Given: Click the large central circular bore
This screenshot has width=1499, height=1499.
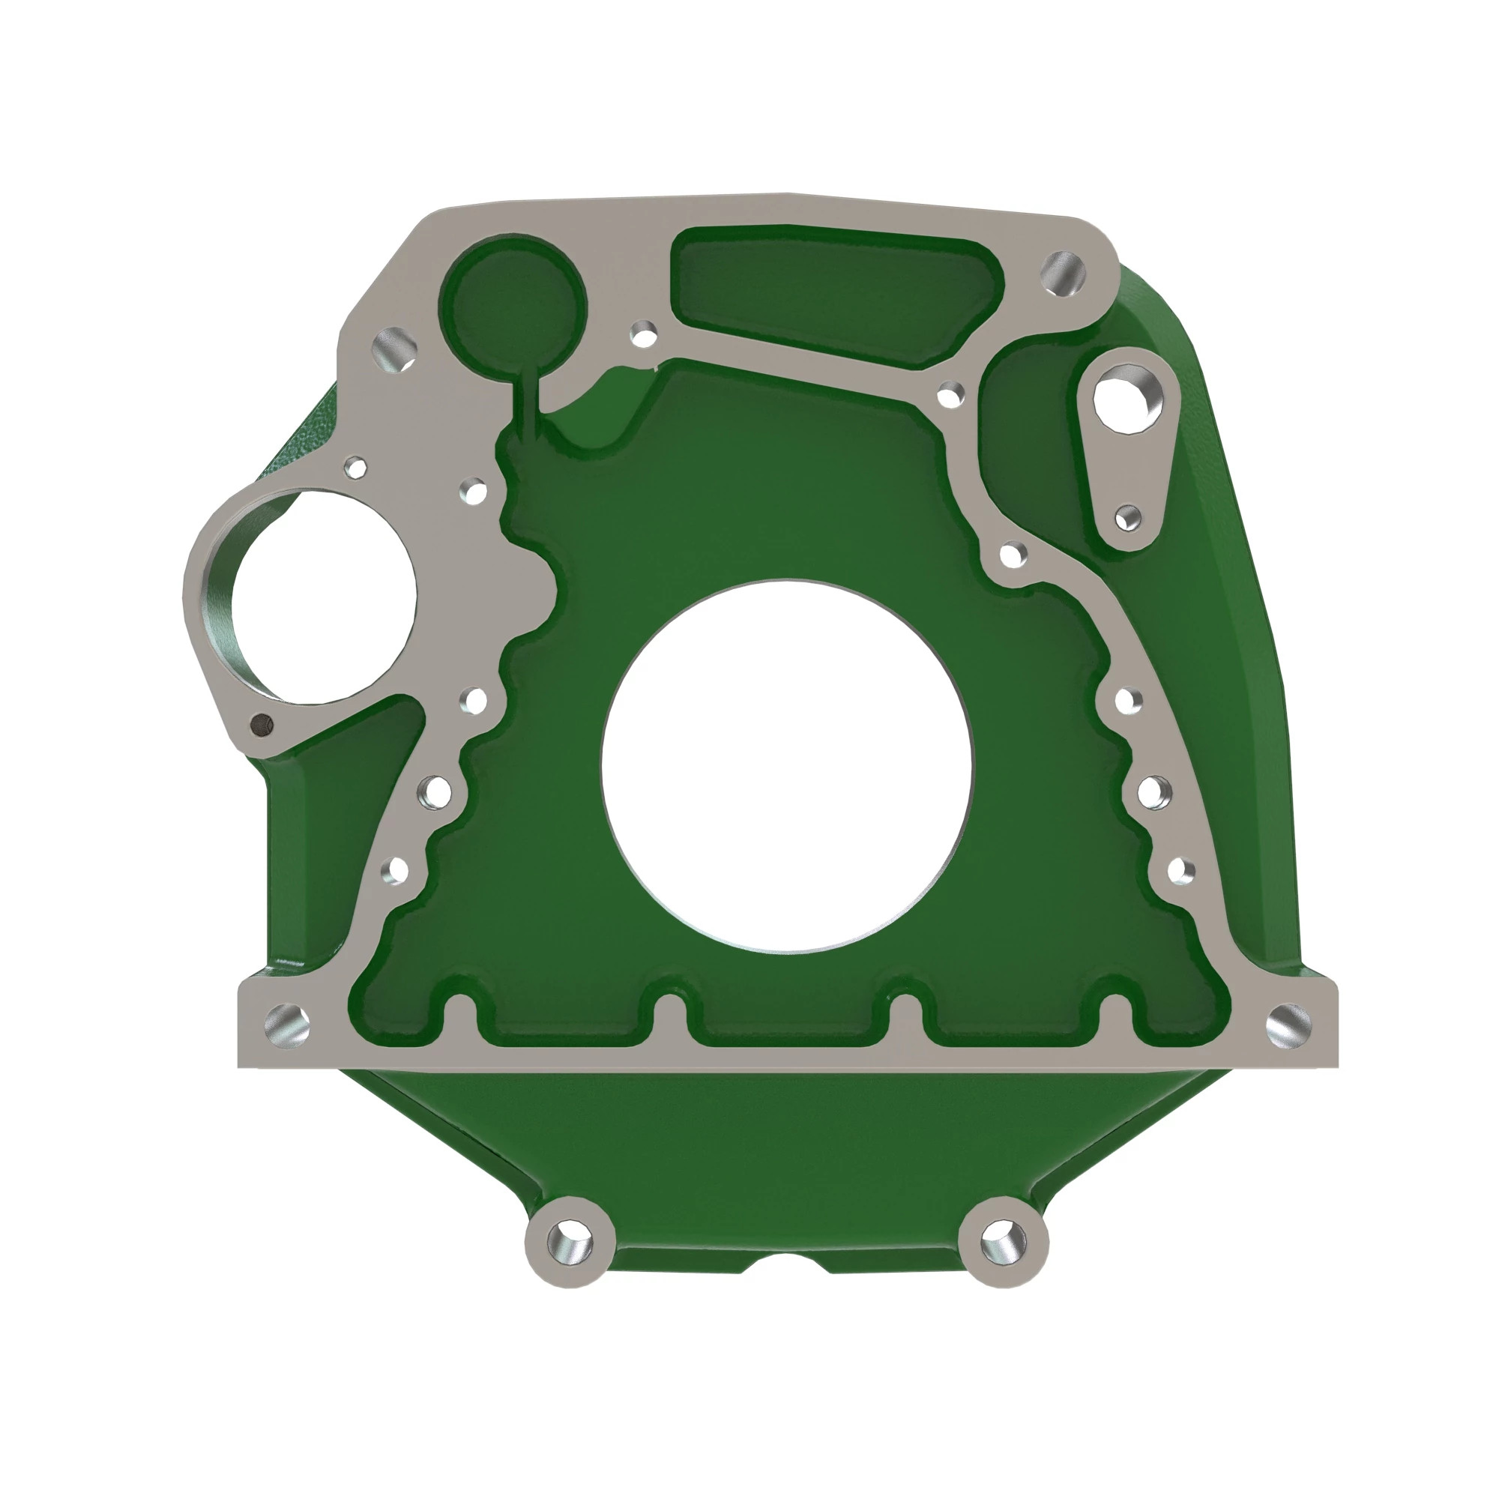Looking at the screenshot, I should coord(786,765).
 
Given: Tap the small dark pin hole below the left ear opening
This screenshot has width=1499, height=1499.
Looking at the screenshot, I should coord(262,724).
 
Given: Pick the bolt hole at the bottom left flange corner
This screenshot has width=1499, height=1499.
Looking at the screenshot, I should coord(286,1022).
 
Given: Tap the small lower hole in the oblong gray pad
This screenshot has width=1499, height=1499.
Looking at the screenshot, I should coord(1129,517).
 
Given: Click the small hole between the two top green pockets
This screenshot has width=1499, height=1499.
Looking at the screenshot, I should coord(642,335).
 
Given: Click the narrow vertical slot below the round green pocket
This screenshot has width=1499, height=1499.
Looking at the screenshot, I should coord(527,403).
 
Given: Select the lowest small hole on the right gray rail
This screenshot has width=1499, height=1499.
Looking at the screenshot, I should coord(1177,869).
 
